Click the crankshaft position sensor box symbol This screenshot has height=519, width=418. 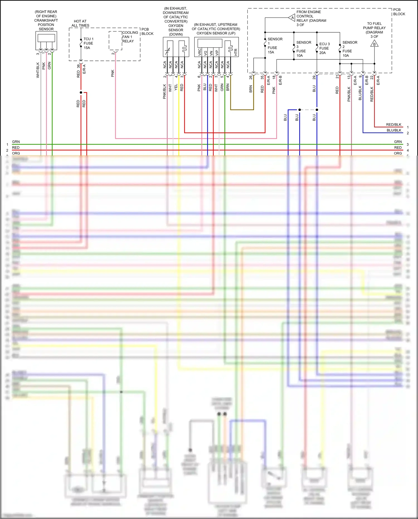tap(46, 40)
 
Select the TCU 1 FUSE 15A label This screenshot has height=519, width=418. tap(88, 43)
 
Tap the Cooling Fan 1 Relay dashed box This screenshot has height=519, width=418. tap(115, 41)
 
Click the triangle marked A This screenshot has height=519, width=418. tap(292, 18)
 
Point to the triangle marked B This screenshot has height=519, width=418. tap(374, 44)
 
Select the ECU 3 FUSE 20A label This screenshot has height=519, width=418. tap(324, 48)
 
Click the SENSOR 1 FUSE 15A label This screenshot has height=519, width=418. tap(274, 45)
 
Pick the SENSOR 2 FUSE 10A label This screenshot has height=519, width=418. tap(349, 49)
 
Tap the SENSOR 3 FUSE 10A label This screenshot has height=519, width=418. tap(303, 49)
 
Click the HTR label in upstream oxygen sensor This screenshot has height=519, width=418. tap(236, 52)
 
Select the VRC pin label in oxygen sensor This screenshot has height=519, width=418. tap(200, 52)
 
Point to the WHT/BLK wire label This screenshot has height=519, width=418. tap(38, 70)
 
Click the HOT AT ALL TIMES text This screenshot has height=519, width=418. tap(80, 23)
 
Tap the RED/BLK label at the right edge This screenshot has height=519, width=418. tap(393, 124)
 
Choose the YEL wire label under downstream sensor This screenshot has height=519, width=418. tap(176, 87)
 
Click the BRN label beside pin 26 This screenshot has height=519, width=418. tap(251, 89)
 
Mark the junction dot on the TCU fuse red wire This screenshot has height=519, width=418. tap(81, 92)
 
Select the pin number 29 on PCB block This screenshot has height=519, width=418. tap(314, 77)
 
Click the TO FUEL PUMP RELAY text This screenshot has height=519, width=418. tap(374, 28)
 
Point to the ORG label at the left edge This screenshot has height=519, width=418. tap(16, 153)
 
